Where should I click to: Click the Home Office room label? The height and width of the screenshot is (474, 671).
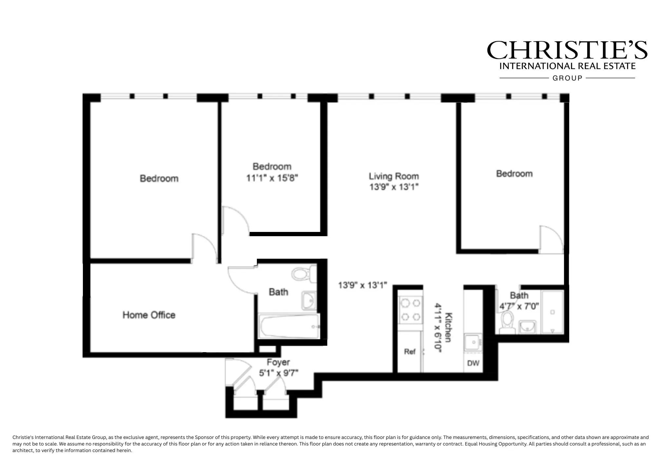coord(149,315)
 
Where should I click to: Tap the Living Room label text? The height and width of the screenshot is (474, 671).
coord(393,176)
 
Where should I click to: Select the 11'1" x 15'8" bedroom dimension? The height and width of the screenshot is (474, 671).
coord(272,178)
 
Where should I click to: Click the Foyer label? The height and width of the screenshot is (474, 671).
coord(278,362)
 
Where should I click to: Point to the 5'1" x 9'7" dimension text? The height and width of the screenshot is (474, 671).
coord(278,373)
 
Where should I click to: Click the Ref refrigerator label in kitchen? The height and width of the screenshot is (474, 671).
coord(410,352)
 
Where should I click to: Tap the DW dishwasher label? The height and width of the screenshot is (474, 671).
coord(473,363)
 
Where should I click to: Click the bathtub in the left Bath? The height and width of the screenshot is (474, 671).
coord(289,327)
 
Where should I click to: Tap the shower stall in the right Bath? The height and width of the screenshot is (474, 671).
coord(552,312)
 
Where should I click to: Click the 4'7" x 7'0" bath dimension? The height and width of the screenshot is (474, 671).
coord(519,307)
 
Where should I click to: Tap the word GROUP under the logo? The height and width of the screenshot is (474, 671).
coord(567,78)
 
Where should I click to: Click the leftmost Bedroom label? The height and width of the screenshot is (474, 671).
coord(159,179)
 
